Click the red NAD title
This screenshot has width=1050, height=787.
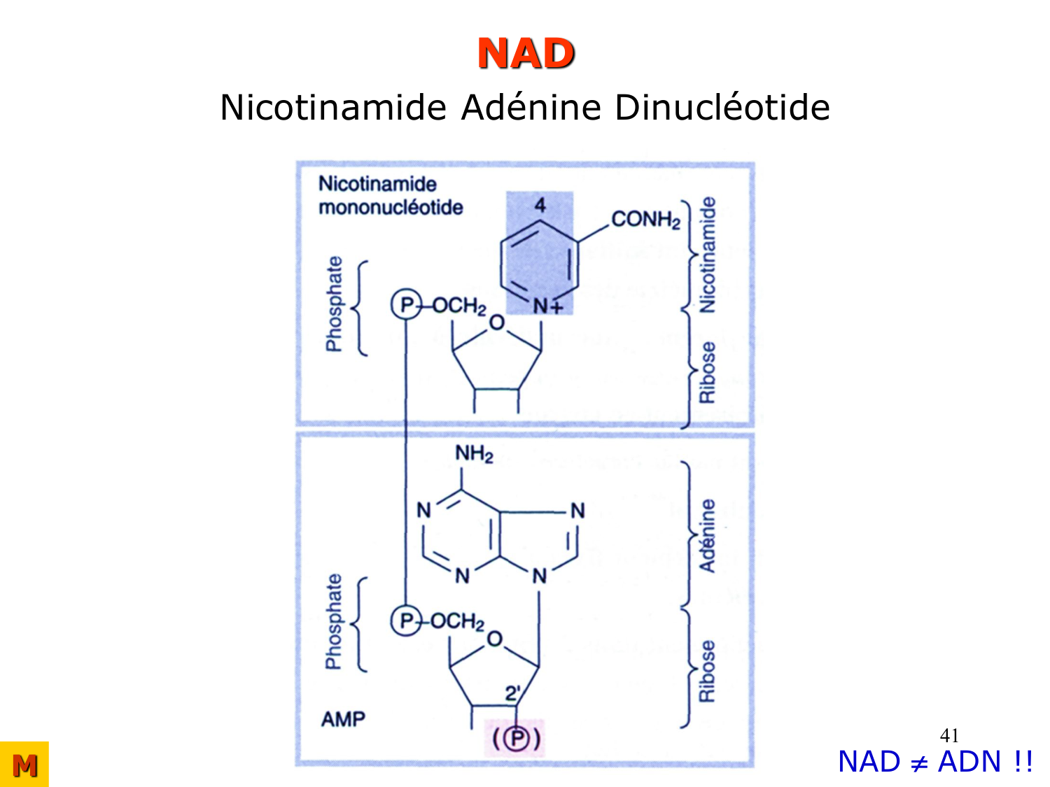point(526,54)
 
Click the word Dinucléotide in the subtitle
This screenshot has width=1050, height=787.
point(722,108)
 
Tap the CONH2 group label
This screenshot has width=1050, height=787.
point(645,220)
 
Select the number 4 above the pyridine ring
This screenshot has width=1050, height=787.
point(540,205)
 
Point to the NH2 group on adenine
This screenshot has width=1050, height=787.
point(474,454)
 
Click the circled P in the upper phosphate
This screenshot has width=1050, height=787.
point(405,306)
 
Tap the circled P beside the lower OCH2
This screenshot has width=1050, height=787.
point(405,621)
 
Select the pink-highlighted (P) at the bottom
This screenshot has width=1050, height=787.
point(517,739)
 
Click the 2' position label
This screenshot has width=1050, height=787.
point(513,694)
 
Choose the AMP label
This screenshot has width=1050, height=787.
point(343,719)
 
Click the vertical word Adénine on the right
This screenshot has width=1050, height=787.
point(708,536)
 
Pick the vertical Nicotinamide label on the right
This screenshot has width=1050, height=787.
point(708,255)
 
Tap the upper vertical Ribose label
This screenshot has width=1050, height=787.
point(708,372)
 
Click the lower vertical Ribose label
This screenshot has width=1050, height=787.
point(708,671)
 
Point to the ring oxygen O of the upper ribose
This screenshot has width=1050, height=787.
point(496,323)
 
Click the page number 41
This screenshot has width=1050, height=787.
point(949,735)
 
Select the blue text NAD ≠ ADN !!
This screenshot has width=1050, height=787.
point(935,762)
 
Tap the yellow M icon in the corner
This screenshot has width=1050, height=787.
point(24,765)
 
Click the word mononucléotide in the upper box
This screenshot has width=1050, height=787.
point(391,208)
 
